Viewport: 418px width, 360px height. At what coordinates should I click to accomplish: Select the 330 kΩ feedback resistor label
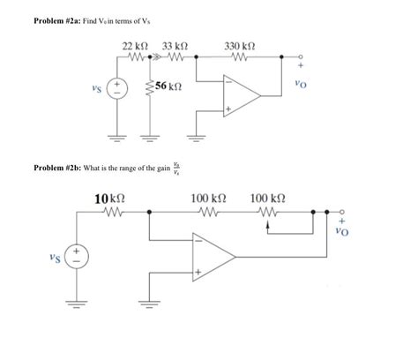(x=240, y=45)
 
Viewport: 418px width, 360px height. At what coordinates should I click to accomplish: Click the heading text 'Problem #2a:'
(x=55, y=19)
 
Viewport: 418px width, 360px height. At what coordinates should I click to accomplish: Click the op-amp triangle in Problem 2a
(x=241, y=94)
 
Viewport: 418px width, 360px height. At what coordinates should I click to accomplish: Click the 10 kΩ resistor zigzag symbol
(x=114, y=212)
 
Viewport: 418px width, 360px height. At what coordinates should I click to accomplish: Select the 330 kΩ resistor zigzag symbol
(x=240, y=57)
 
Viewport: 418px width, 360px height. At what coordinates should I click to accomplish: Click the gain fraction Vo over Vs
(x=178, y=166)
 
